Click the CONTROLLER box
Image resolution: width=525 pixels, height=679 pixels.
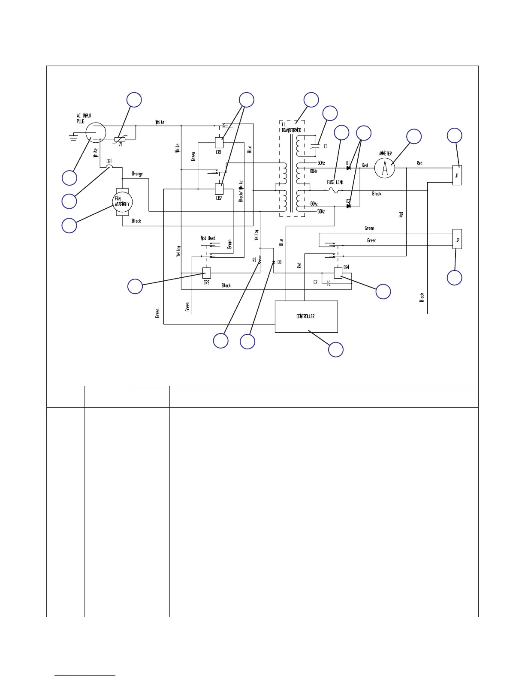click(x=306, y=316)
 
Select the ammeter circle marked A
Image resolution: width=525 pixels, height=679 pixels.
click(x=385, y=168)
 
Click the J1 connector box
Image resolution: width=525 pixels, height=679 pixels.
click(x=457, y=175)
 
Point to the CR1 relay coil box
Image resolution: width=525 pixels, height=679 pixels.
click(x=219, y=142)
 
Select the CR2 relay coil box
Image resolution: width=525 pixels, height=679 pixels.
click(x=219, y=189)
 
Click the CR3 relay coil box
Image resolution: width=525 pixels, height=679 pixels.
click(x=207, y=273)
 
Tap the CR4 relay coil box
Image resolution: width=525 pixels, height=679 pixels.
click(x=338, y=273)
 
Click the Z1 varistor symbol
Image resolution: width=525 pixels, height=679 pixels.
click(x=120, y=139)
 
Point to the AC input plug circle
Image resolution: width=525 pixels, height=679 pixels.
click(x=95, y=132)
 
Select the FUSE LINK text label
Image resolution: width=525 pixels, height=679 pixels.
click(x=335, y=182)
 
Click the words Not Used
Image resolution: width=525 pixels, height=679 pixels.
click(x=208, y=238)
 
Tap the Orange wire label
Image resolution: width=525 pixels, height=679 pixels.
click(x=137, y=174)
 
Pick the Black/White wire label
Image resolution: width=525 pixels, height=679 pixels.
click(x=241, y=191)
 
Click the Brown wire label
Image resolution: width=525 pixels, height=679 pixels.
click(x=230, y=244)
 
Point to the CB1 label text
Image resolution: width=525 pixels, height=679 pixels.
click(x=109, y=162)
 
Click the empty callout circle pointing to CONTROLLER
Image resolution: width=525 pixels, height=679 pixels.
click(x=336, y=349)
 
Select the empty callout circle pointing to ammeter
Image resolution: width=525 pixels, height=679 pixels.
click(x=414, y=136)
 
